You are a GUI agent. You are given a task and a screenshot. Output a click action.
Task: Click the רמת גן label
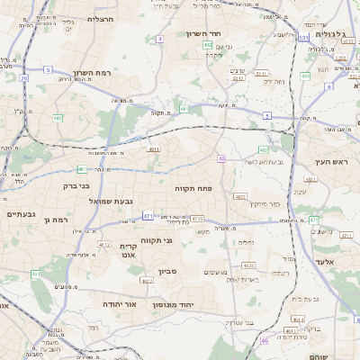click(x=56, y=219)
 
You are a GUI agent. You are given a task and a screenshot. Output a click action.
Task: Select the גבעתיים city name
click(x=20, y=214)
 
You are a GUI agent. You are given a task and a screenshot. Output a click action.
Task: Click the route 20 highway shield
click(x=23, y=78)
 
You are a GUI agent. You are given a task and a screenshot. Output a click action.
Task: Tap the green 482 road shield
click(x=58, y=117)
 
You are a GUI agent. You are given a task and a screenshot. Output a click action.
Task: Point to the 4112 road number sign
click(x=104, y=244)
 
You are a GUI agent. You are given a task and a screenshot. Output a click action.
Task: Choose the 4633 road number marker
click(x=248, y=265)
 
